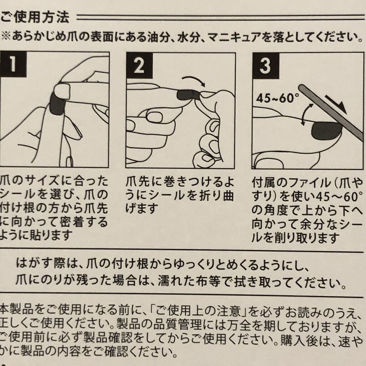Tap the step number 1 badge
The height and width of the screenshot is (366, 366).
point(13,64)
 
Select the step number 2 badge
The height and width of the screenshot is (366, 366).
point(139,66)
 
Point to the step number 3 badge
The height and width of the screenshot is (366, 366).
point(266,66)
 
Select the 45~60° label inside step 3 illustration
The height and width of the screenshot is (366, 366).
point(277,98)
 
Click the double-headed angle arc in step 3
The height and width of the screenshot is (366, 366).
point(306,115)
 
